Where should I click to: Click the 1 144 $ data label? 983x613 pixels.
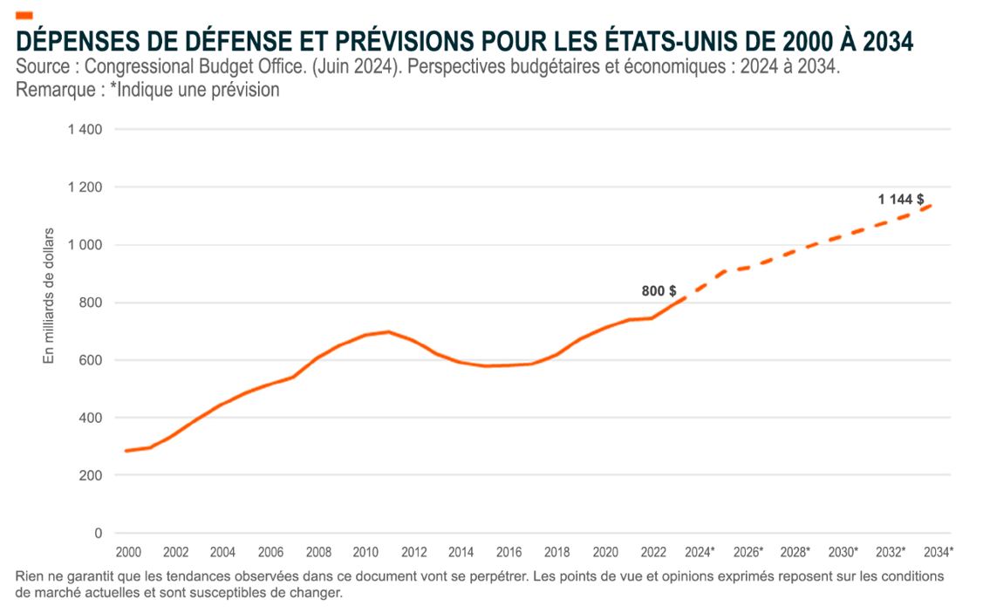[901, 200]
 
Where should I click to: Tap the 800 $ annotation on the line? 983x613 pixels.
[659, 291]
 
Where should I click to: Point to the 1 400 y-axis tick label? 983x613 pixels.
[85, 130]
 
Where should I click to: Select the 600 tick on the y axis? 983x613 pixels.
[91, 360]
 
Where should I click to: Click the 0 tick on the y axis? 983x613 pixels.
[98, 533]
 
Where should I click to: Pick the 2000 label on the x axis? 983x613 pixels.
[128, 552]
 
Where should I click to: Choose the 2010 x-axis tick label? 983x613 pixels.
[365, 552]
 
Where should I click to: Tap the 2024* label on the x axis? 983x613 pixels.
[700, 552]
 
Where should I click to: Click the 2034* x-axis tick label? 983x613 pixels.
[939, 552]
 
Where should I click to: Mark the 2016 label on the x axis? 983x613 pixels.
[509, 552]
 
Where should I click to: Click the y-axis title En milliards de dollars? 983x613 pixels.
[49, 296]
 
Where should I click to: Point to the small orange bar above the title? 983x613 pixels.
[24, 16]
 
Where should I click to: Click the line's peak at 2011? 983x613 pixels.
[388, 331]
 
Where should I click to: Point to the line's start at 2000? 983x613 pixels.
[127, 451]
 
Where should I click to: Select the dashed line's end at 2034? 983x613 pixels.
[932, 206]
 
